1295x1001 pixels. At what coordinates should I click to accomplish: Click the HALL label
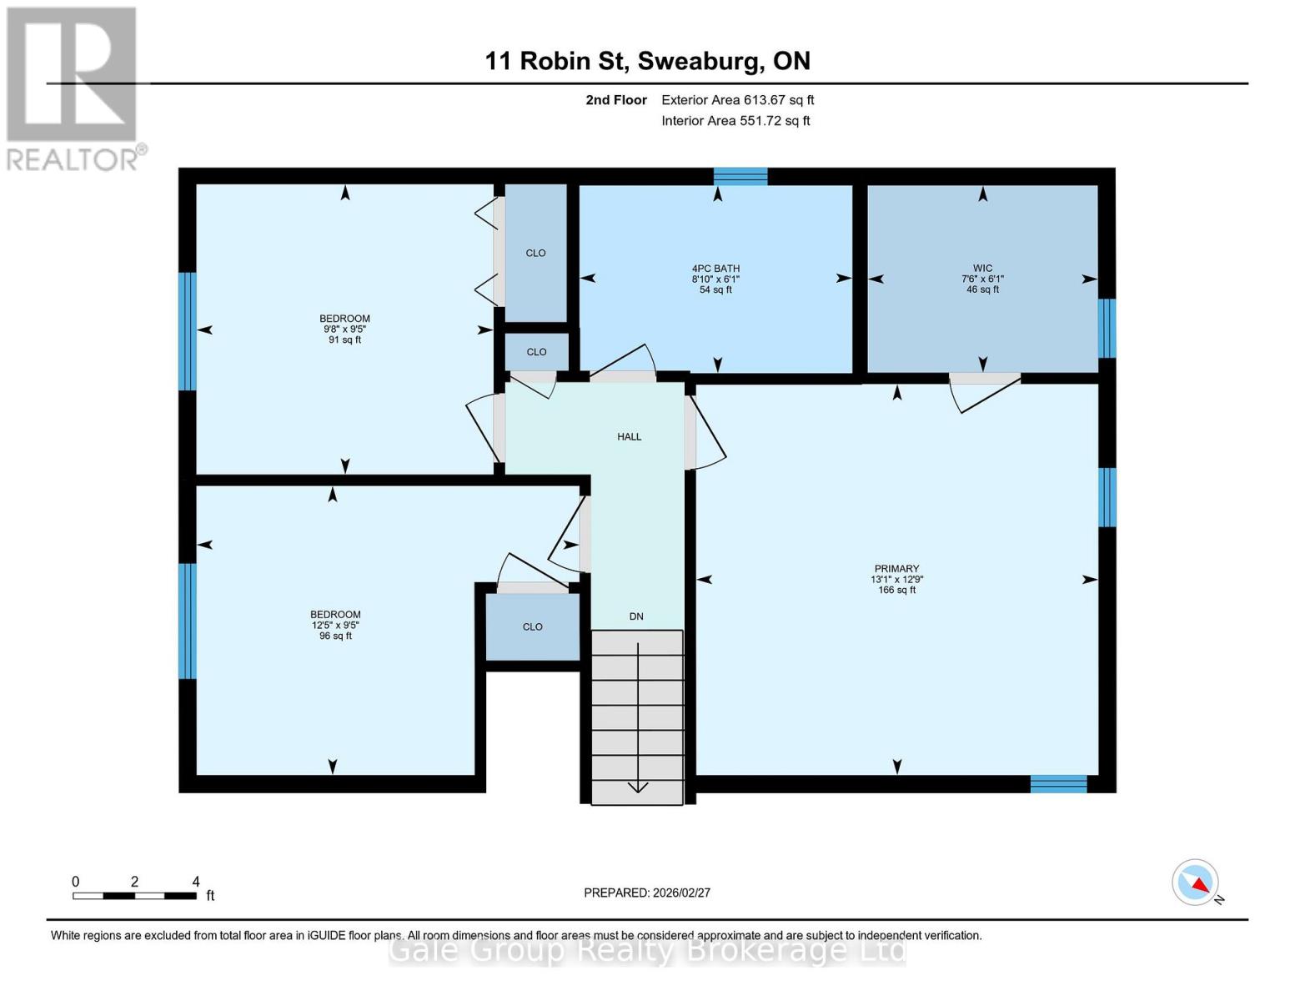(x=629, y=436)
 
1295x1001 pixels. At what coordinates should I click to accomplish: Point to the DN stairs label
(x=636, y=616)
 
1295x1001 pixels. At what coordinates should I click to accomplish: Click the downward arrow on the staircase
(x=637, y=785)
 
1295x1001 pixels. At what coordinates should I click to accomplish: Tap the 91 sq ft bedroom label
(x=344, y=329)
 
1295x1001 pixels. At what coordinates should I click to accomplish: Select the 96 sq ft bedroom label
(x=335, y=625)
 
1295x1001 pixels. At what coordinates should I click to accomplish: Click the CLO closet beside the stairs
(x=532, y=626)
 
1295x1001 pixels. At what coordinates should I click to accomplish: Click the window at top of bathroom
(x=740, y=175)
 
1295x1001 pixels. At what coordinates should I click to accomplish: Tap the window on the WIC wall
(x=1107, y=328)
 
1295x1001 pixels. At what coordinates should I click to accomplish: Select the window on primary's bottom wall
(x=1058, y=783)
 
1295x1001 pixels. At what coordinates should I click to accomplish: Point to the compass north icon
(x=1196, y=883)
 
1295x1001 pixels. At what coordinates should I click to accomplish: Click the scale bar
(x=134, y=896)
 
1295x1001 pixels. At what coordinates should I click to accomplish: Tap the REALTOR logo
(x=73, y=88)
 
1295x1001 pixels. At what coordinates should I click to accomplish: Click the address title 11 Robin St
(x=647, y=61)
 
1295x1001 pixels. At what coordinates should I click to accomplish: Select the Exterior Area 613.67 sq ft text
(x=737, y=100)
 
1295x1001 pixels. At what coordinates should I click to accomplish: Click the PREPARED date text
(x=646, y=893)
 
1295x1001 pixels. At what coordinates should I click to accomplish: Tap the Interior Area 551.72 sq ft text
(x=735, y=121)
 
